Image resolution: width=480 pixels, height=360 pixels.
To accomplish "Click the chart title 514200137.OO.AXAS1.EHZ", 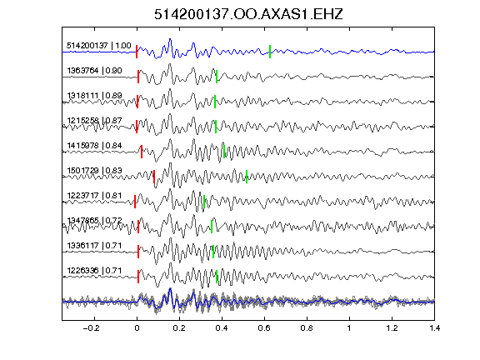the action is [x=248, y=14].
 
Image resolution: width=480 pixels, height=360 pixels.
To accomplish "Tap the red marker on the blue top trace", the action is [x=137, y=52].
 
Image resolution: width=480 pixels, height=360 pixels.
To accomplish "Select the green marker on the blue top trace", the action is [x=270, y=52].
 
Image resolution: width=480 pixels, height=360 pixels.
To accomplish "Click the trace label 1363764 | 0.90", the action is [x=95, y=71].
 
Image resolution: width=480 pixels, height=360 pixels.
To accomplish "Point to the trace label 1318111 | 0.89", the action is [x=95, y=96].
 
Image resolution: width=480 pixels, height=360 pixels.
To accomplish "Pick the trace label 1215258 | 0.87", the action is [x=95, y=121].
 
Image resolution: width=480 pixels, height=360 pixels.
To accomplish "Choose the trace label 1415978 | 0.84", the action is [x=95, y=146].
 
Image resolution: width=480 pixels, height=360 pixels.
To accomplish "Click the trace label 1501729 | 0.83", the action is [x=95, y=171].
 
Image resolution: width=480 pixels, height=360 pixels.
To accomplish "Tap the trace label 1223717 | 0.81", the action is [x=95, y=196].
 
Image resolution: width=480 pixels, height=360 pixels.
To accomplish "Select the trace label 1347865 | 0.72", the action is [x=95, y=221].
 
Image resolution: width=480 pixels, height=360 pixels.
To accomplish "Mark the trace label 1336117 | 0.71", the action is [x=95, y=246].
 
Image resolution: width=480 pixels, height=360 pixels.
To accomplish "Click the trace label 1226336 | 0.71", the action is [x=95, y=271].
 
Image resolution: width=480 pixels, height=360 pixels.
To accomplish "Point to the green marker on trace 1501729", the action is [x=247, y=177].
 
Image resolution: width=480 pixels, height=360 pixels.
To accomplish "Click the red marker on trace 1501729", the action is [x=154, y=177].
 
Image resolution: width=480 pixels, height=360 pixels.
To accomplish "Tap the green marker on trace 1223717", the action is [x=204, y=202].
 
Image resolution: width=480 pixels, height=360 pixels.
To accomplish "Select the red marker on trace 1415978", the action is [x=142, y=152].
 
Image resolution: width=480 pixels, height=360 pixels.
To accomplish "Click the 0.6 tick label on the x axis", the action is [x=264, y=328].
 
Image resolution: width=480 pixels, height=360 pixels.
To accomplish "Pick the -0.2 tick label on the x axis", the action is [x=92, y=328].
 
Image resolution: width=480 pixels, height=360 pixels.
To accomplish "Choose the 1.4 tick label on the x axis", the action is [x=435, y=328].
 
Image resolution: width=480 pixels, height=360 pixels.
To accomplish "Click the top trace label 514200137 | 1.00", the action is [x=99, y=46].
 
